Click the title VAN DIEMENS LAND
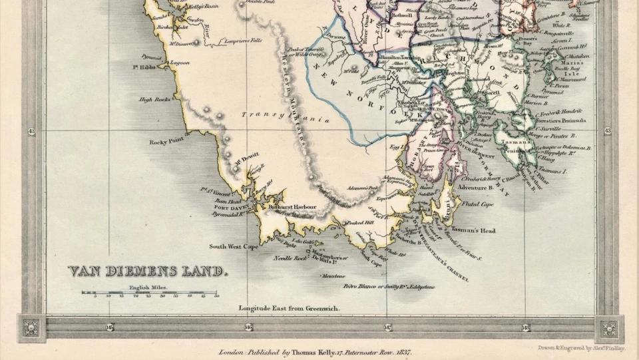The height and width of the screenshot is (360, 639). [148, 271]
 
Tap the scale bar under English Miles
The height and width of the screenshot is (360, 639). [150, 292]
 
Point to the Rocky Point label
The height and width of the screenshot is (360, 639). [166, 142]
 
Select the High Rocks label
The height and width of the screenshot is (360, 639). [154, 100]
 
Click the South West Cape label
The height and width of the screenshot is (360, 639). [234, 246]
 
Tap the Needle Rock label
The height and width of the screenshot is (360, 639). [288, 258]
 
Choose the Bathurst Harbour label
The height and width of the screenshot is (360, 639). [292, 207]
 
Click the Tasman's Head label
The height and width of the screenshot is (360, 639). [473, 230]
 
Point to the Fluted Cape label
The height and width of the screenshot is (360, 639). [477, 204]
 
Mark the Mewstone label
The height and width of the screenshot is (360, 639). [333, 275]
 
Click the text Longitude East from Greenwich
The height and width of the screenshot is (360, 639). [289, 309]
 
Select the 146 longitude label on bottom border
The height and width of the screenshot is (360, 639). [248, 327]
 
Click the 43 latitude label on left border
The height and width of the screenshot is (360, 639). [31, 131]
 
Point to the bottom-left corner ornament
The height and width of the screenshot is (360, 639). [31, 328]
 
